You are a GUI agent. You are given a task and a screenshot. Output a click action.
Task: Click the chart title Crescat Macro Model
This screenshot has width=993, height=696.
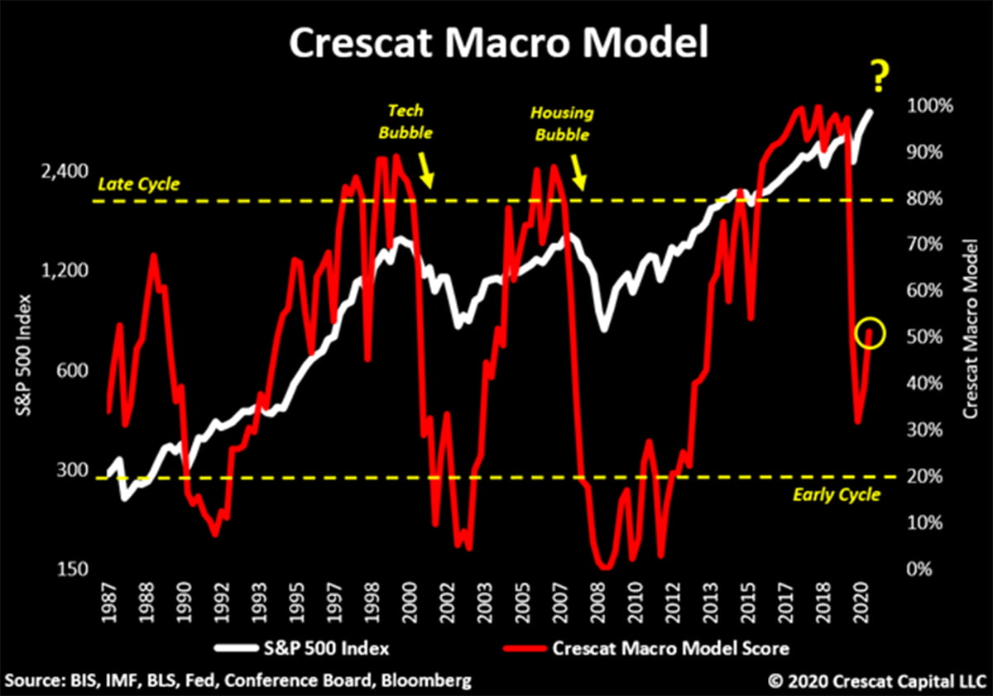[496, 44]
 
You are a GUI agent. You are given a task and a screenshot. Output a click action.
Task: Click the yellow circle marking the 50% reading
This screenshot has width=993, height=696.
[871, 334]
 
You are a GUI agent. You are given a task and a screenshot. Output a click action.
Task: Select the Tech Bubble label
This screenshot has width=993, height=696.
[411, 121]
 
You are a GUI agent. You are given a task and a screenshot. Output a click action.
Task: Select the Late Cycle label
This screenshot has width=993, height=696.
[138, 184]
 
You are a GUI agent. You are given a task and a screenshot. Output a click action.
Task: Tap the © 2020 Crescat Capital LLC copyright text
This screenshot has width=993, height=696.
[875, 681]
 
